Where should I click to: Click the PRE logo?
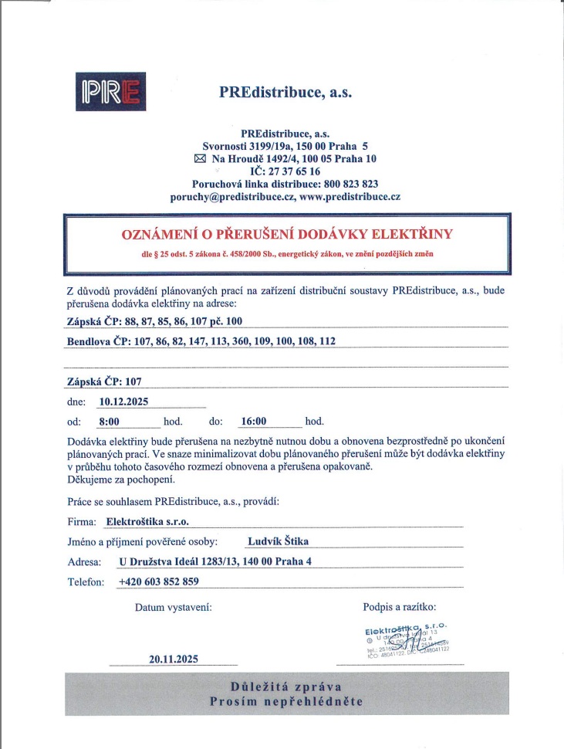tap(111, 91)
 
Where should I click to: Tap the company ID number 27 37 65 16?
tap(291, 171)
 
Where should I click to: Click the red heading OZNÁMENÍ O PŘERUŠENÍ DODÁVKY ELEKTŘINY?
tap(287, 233)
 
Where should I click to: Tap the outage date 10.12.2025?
tap(124, 401)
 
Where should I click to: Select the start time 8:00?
tap(110, 422)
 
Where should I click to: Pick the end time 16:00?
tap(254, 422)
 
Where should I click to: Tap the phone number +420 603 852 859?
tap(159, 581)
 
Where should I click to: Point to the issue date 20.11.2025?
tap(174, 659)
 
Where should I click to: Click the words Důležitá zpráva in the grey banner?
tap(286, 686)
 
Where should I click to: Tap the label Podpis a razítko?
tap(399, 607)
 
